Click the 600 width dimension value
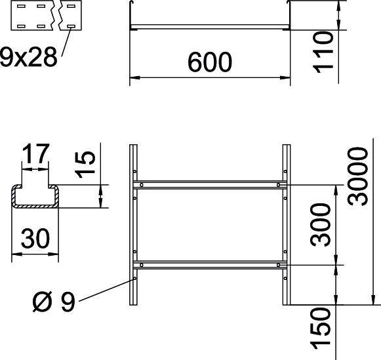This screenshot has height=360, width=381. point(210,62)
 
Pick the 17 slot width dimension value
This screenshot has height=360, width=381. point(35,155)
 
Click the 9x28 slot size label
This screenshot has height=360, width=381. point(28,58)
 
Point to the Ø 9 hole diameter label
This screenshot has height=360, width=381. point(53,303)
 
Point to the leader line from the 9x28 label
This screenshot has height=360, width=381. point(65,46)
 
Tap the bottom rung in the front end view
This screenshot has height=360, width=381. point(210,27)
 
